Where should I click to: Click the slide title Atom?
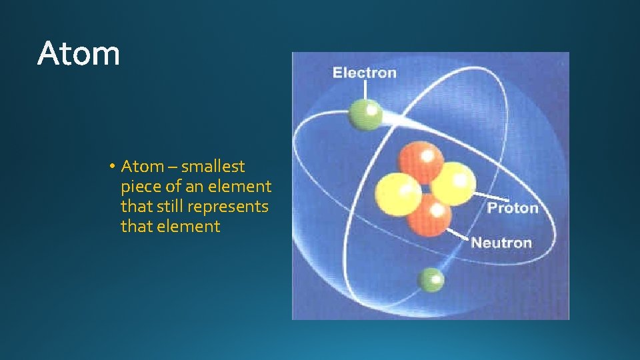coord(79,53)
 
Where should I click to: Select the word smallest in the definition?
coord(213,167)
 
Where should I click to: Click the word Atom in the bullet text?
coord(141,167)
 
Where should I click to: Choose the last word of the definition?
coord(189,227)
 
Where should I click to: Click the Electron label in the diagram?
coord(364,73)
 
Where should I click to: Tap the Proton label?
coord(513,208)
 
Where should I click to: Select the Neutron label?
coord(501,242)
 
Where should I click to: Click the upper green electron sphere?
coord(365,115)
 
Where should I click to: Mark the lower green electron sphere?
coord(431,280)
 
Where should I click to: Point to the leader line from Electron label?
coord(365,90)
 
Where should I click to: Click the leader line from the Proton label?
coord(481,197)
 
